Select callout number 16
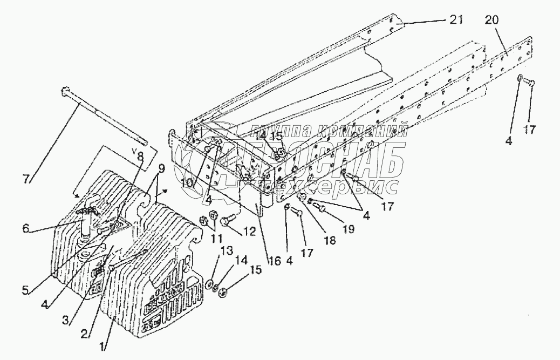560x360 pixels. pos(275,260)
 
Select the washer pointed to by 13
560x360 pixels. pos(208,283)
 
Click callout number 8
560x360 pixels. pos(140,157)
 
